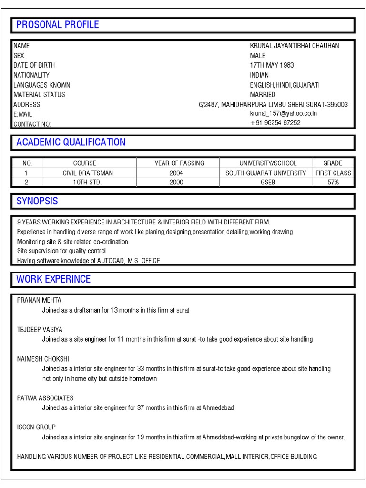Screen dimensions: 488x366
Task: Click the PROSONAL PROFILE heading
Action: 58,25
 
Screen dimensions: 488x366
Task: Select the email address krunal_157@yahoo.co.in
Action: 283,114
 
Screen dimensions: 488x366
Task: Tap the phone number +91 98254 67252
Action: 275,123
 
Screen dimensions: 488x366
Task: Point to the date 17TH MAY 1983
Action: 272,65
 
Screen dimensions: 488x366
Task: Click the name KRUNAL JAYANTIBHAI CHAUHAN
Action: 295,46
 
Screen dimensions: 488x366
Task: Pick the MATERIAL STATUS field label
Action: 39,94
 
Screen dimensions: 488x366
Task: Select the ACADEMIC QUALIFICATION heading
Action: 71,142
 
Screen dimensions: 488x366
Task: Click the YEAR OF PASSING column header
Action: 179,163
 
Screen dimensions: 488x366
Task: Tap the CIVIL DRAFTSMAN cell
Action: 88,173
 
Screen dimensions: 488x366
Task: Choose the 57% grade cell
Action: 333,183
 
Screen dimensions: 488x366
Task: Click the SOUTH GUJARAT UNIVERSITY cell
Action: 265,173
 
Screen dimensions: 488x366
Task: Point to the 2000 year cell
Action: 176,183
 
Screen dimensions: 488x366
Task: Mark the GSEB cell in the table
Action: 267,183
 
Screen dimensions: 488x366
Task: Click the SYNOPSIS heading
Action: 37,201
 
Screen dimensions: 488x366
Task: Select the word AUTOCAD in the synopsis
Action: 111,261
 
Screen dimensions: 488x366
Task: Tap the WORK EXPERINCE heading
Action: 53,279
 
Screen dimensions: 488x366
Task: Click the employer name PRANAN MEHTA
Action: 39,300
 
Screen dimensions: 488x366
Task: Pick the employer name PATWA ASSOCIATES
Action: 45,398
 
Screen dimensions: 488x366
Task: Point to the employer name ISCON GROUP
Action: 36,427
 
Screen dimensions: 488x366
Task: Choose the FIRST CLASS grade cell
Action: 333,173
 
